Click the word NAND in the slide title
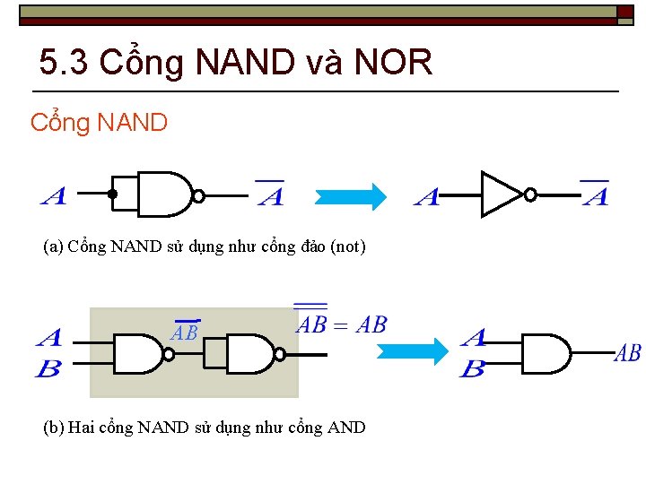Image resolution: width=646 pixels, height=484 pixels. coord(244,63)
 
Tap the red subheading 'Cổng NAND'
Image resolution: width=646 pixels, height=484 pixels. coord(99,122)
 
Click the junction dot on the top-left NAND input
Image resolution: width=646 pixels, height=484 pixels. coord(112,194)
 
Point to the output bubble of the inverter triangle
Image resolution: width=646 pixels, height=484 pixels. coord(530,194)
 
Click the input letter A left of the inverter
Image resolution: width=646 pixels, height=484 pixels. coord(427,197)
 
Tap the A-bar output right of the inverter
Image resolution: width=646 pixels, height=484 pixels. coord(595,194)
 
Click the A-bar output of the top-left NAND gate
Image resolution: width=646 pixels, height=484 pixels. coord(270,194)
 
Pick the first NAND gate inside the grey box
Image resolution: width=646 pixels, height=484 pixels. coord(138,354)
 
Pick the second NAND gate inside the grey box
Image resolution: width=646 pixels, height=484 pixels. coord(250,354)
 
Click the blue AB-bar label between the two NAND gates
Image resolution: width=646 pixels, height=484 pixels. coord(186,332)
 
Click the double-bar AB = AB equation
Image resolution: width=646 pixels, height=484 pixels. coord(341,323)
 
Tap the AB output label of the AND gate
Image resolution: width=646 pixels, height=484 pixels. coord(627,353)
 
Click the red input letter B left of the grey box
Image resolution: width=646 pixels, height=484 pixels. coord(48,367)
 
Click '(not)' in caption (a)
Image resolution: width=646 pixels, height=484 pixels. coord(348,246)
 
